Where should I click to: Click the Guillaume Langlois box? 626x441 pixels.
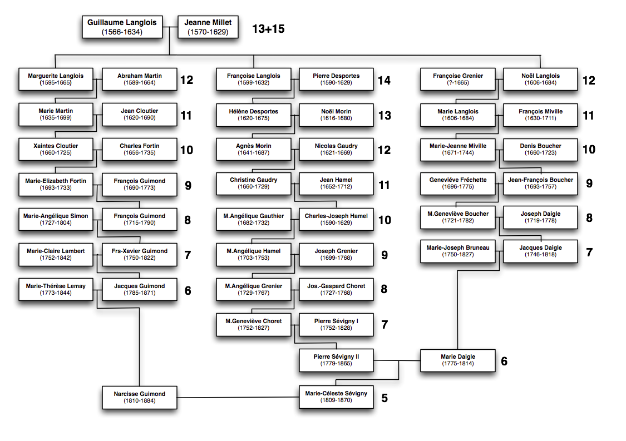click(x=122, y=27)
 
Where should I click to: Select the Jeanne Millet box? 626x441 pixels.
click(x=208, y=27)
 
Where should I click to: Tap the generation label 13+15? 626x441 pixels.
click(x=268, y=29)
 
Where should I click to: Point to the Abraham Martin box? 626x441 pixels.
click(x=139, y=79)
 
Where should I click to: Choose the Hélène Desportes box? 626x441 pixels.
click(x=254, y=115)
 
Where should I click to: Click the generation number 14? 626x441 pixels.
click(x=384, y=81)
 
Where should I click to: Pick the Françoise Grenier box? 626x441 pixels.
click(x=458, y=79)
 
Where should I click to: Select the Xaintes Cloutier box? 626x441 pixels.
click(x=56, y=149)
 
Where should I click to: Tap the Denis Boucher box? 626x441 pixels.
click(x=540, y=149)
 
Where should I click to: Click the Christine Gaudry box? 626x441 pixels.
click(x=254, y=183)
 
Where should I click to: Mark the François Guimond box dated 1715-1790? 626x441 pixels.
click(x=139, y=219)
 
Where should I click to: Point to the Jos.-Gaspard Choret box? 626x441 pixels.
click(x=336, y=289)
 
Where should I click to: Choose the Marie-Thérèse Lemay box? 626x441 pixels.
click(x=56, y=289)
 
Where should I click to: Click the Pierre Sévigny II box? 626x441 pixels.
click(x=336, y=360)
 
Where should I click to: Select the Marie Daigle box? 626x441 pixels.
click(x=458, y=360)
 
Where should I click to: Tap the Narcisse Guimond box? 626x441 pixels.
click(x=139, y=397)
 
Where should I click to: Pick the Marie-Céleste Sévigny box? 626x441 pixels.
click(x=336, y=397)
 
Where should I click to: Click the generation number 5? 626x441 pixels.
click(x=385, y=398)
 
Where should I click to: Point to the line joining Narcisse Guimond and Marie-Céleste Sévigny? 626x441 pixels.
click(x=238, y=397)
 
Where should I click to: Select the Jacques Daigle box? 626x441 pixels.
click(x=540, y=251)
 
